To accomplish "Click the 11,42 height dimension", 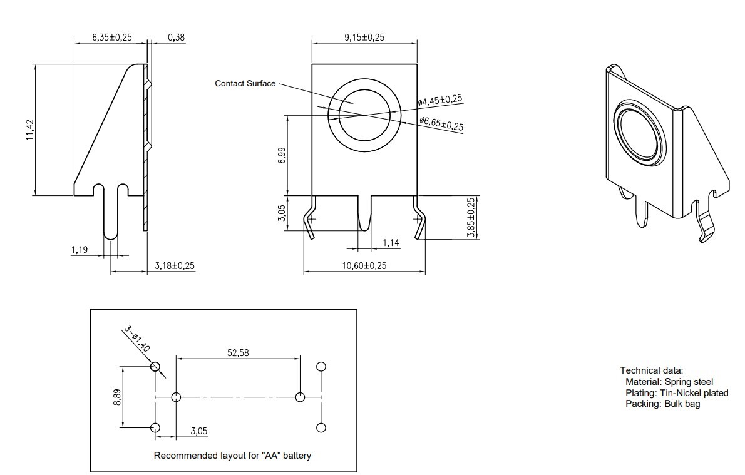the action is (x=30, y=130).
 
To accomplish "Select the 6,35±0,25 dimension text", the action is (x=112, y=37).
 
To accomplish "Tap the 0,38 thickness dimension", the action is (x=177, y=37).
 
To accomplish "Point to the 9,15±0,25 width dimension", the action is (x=364, y=37).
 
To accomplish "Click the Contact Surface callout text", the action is (x=245, y=84).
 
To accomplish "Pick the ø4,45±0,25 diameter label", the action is (x=440, y=100).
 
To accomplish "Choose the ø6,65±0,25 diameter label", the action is (x=441, y=123).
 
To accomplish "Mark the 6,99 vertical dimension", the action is (x=282, y=155).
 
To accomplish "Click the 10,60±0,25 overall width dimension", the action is (x=364, y=265).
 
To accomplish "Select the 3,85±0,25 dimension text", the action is (x=471, y=218).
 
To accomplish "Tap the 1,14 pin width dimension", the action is (x=391, y=243).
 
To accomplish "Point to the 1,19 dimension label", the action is (x=80, y=249).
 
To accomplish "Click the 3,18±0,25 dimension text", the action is (x=175, y=265).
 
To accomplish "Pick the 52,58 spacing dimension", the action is (x=238, y=353).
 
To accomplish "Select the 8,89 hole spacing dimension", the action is (x=117, y=397).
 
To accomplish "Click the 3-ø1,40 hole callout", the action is (x=137, y=339).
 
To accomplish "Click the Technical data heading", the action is (x=651, y=370).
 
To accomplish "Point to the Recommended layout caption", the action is (x=232, y=456).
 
